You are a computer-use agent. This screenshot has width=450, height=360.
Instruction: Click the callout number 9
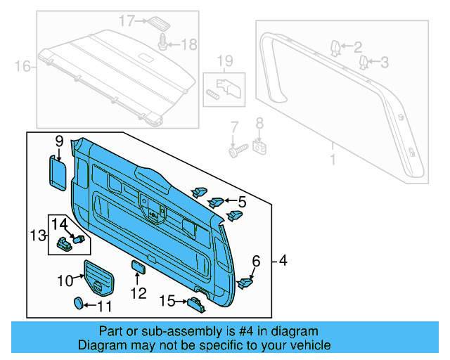[59, 141]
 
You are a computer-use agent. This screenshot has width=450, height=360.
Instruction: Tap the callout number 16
[22, 67]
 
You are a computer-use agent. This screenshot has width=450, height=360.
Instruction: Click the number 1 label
[333, 161]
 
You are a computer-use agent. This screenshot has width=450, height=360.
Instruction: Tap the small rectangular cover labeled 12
[138, 266]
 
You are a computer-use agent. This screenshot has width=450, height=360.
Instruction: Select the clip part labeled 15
[195, 303]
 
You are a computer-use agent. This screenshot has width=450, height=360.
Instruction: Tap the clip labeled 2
[335, 47]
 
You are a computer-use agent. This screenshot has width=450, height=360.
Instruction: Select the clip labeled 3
[364, 63]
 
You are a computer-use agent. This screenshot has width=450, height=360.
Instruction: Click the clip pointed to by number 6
[247, 283]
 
